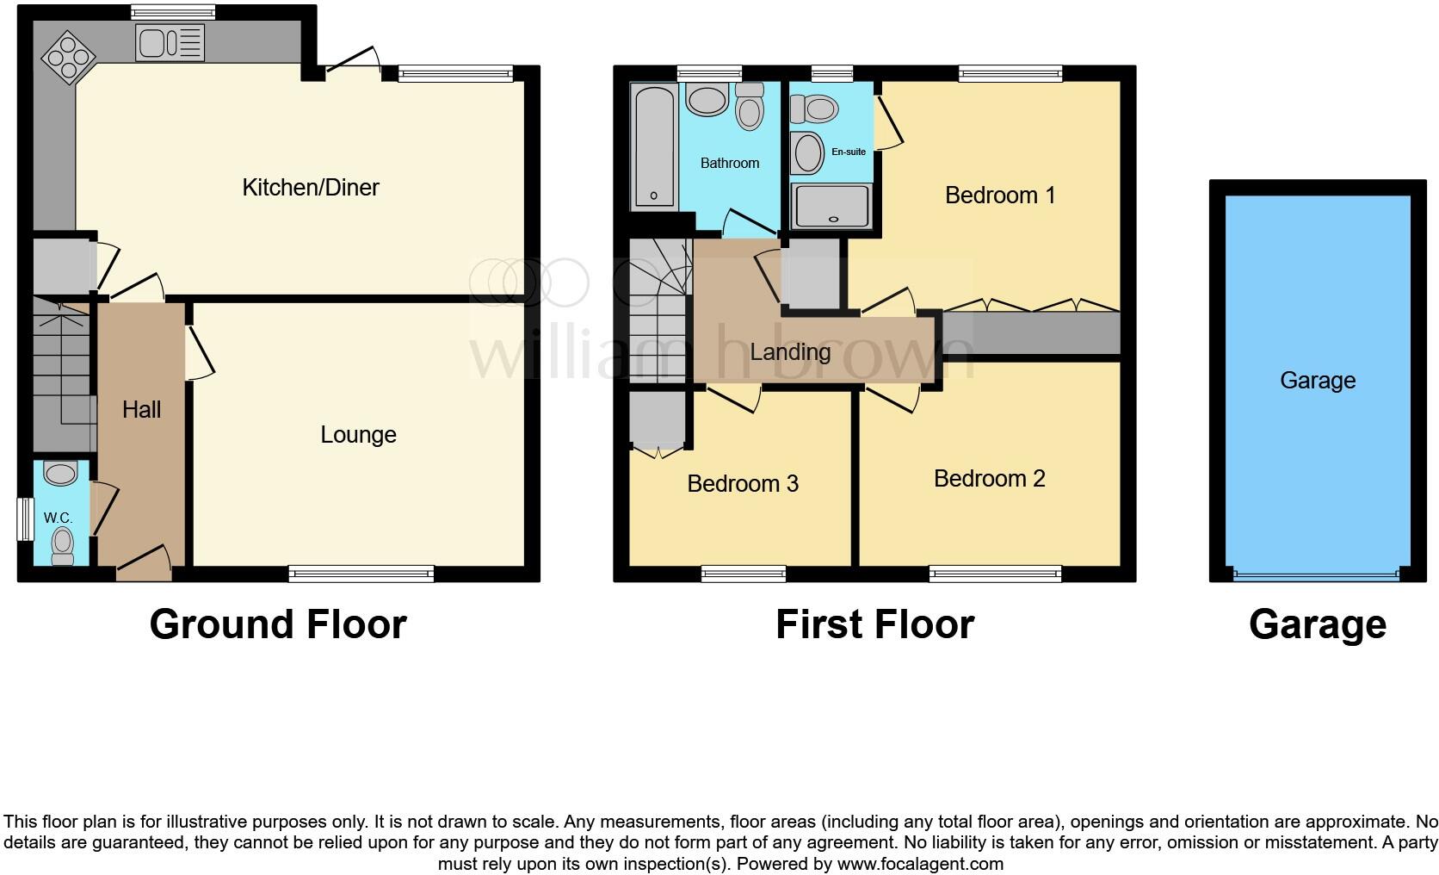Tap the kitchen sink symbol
pyautogui.click(x=170, y=42)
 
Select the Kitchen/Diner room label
pyautogui.click(x=310, y=187)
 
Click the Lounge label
pyautogui.click(x=358, y=435)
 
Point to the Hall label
pyautogui.click(x=141, y=409)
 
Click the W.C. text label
pyautogui.click(x=58, y=518)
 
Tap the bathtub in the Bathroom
pyautogui.click(x=654, y=146)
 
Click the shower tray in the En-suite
pyautogui.click(x=831, y=206)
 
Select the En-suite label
pyautogui.click(x=849, y=152)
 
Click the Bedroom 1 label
pyautogui.click(x=999, y=195)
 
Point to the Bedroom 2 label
pyautogui.click(x=989, y=479)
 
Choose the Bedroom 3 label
pyautogui.click(x=742, y=484)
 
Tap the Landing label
pyautogui.click(x=789, y=351)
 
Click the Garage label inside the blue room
pyautogui.click(x=1317, y=380)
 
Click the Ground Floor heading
pyautogui.click(x=277, y=624)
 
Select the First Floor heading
pyautogui.click(x=874, y=624)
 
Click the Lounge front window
pyautogui.click(x=361, y=574)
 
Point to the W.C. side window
pyautogui.click(x=24, y=519)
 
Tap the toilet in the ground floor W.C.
pyautogui.click(x=62, y=545)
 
